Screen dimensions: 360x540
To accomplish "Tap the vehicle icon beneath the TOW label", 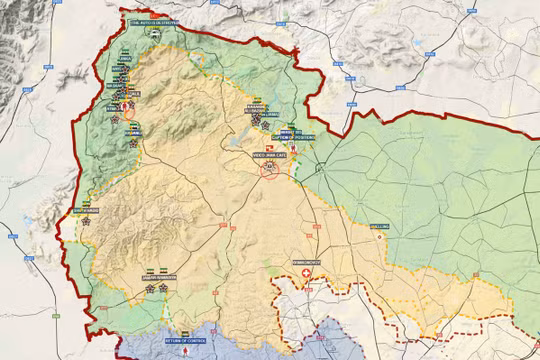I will pos(155,32).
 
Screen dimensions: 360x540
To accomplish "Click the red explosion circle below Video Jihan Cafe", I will pos(268,171).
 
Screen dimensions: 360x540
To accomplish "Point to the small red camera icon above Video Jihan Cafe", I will pos(269,145).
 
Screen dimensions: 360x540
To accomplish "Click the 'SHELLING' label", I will pos(381,226).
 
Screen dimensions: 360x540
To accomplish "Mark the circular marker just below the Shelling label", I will pos(381,236).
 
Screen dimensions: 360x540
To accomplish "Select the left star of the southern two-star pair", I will pos(149,288).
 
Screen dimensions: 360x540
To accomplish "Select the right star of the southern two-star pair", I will pos(162,288).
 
